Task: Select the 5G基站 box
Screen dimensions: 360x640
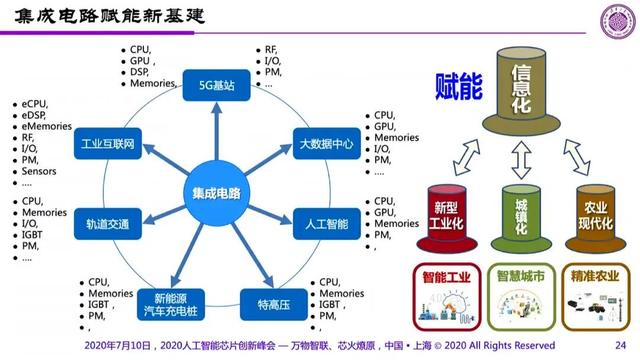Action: point(216,85)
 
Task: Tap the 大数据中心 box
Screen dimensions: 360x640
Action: point(326,143)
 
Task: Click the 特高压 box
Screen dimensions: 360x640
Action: point(272,303)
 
